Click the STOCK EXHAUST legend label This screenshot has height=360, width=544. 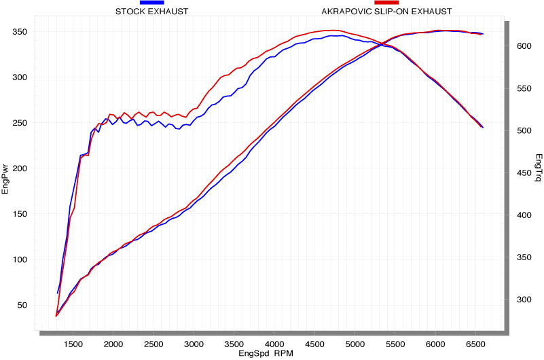(x=152, y=12)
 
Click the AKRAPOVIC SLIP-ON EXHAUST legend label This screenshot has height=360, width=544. (x=386, y=12)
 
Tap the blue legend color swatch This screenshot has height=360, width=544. (x=152, y=3)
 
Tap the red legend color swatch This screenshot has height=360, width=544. (x=386, y=3)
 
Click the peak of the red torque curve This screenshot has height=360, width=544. (x=331, y=30)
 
